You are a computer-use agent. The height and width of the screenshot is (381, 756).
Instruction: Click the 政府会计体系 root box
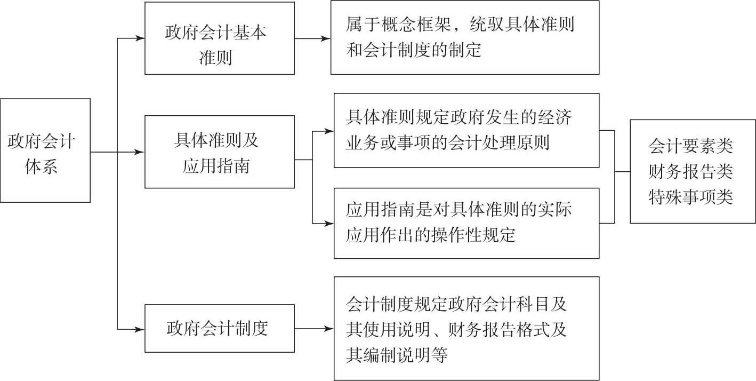click(45, 150)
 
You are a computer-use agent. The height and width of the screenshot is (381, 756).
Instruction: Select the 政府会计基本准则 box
click(220, 38)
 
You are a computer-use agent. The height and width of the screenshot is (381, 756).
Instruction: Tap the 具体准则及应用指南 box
click(220, 152)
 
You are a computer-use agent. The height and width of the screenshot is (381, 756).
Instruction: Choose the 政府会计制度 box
click(220, 329)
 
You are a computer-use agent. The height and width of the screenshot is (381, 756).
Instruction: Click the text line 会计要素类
click(690, 147)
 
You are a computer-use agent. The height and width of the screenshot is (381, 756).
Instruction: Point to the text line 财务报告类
click(690, 172)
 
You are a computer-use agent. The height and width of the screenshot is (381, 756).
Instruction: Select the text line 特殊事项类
click(690, 197)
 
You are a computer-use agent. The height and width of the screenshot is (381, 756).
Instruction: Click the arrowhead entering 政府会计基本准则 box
click(140, 38)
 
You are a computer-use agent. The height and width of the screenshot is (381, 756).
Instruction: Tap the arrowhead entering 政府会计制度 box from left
click(140, 329)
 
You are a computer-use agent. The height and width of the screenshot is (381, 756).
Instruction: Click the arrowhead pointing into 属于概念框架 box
click(326, 38)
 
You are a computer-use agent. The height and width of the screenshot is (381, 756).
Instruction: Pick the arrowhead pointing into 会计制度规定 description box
click(329, 329)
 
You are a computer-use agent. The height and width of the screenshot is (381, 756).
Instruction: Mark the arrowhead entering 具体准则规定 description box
click(329, 131)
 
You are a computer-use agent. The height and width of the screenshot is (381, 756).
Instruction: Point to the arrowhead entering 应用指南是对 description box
click(329, 224)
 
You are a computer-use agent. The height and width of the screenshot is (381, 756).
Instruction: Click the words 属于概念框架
click(398, 25)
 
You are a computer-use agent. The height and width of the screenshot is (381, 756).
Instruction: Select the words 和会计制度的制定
click(414, 50)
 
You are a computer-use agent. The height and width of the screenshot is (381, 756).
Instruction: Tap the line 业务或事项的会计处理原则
click(448, 142)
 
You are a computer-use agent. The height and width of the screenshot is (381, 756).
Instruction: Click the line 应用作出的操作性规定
click(431, 235)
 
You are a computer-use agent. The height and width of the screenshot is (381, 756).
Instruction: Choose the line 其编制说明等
click(397, 355)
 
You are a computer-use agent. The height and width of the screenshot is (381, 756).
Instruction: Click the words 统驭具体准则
click(522, 25)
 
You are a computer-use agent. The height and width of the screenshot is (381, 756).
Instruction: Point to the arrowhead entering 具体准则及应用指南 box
click(140, 152)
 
